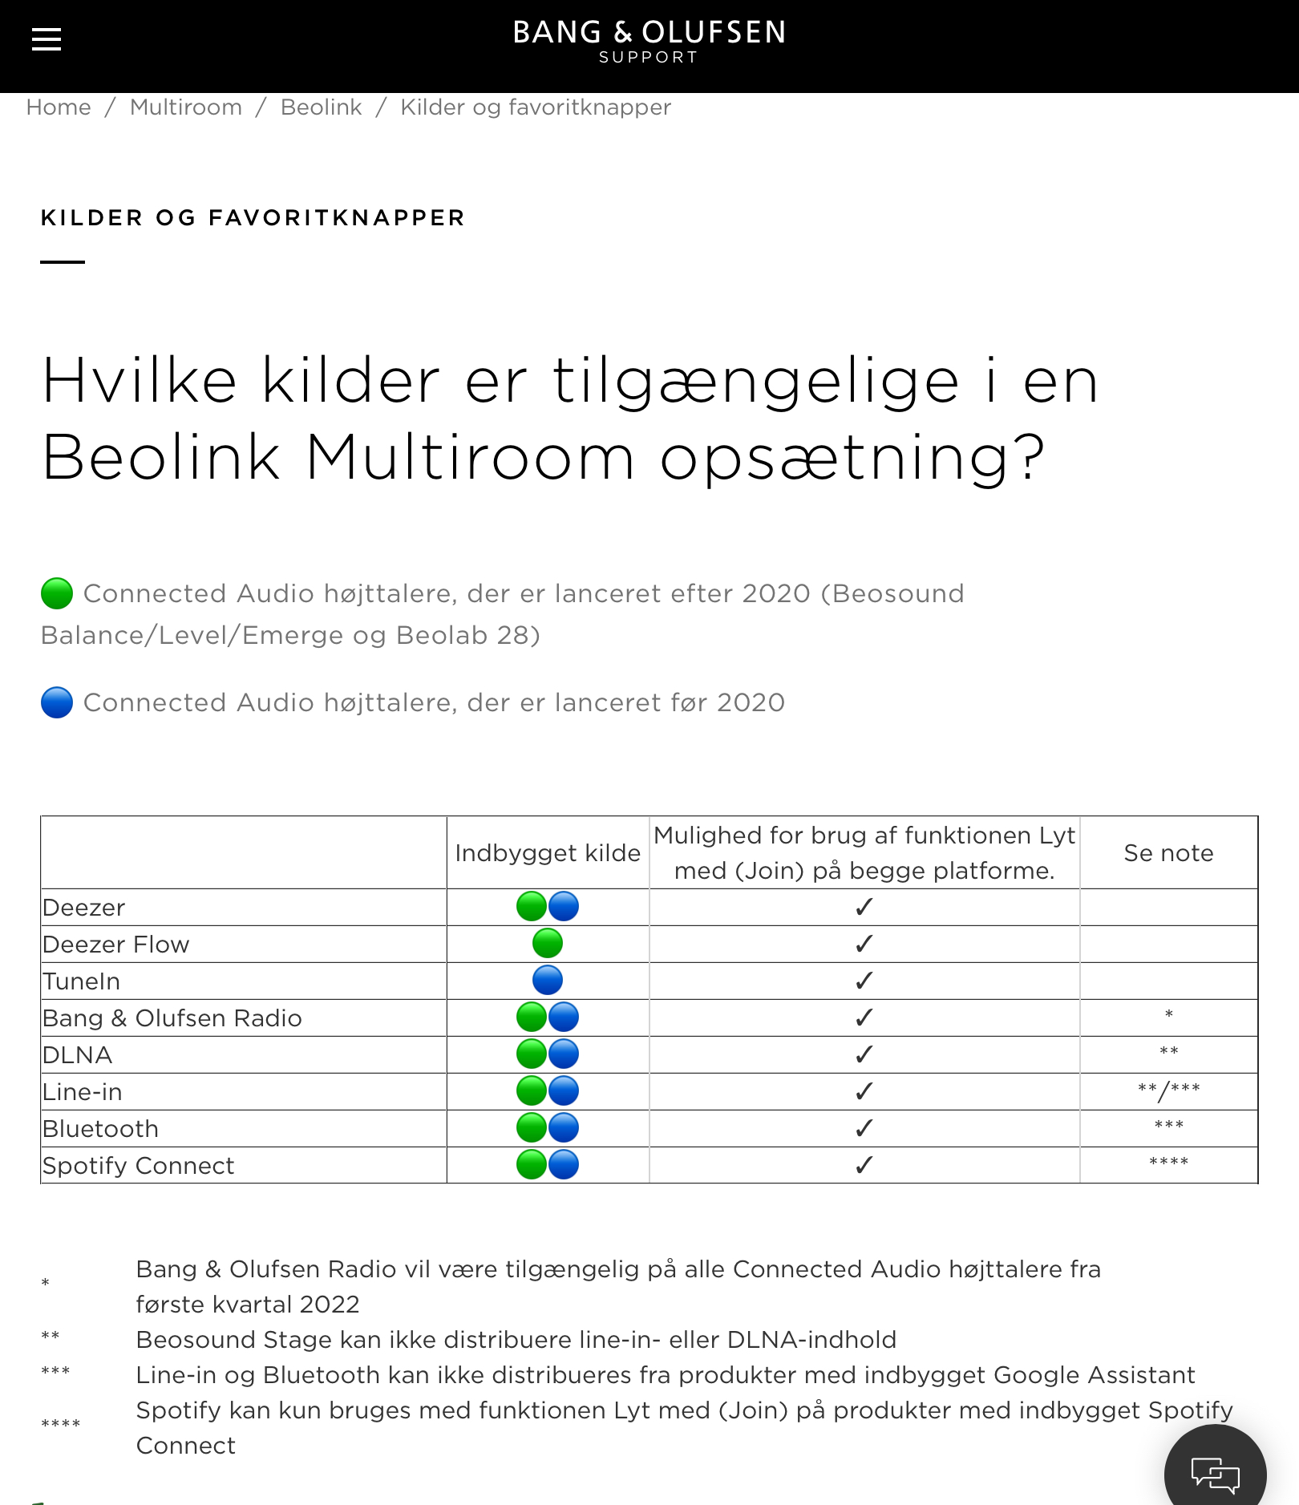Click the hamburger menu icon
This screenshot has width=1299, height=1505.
point(47,38)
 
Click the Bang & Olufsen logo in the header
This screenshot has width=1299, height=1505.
point(649,40)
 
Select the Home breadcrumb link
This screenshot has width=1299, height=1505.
point(59,107)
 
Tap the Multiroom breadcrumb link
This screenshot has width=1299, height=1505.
point(186,107)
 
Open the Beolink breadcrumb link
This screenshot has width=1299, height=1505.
point(321,107)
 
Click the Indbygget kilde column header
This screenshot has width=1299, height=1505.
point(548,853)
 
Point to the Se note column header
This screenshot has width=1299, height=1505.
point(1168,853)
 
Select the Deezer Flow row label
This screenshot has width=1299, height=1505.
point(116,945)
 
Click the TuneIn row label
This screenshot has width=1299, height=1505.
point(82,981)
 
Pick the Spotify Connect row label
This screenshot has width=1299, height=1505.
point(139,1166)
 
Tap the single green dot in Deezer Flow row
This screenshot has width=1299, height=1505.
point(548,944)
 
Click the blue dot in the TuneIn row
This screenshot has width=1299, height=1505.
point(548,981)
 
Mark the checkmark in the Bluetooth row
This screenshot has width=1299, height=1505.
point(864,1128)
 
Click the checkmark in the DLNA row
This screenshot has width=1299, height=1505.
point(864,1054)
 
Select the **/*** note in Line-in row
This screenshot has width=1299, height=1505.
point(1168,1090)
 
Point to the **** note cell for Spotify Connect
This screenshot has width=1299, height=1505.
point(1168,1163)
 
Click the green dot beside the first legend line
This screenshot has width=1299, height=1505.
point(57,593)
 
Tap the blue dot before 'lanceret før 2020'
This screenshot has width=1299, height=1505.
point(57,702)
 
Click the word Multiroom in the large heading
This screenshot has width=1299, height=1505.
point(470,458)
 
